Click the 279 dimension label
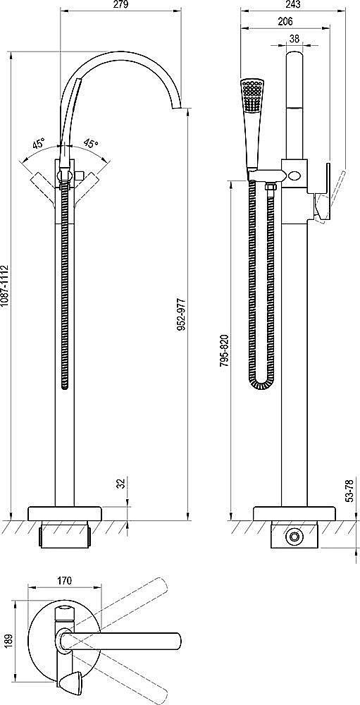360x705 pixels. (x=121, y=5)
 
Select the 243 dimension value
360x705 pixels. (x=292, y=5)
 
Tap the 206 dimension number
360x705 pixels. (x=285, y=21)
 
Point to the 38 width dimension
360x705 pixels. (x=294, y=39)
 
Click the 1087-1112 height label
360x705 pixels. (x=5, y=286)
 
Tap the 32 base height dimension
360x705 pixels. (x=120, y=484)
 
